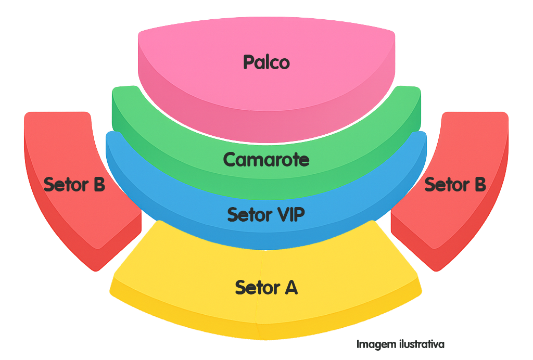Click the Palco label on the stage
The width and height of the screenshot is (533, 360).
(x=266, y=62)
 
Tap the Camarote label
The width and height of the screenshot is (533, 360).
(x=266, y=159)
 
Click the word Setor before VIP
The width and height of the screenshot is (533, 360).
(x=249, y=214)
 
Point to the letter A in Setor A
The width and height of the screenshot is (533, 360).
(x=290, y=287)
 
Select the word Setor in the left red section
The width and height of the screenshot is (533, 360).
(x=65, y=184)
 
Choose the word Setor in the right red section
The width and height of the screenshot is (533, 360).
(x=446, y=184)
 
